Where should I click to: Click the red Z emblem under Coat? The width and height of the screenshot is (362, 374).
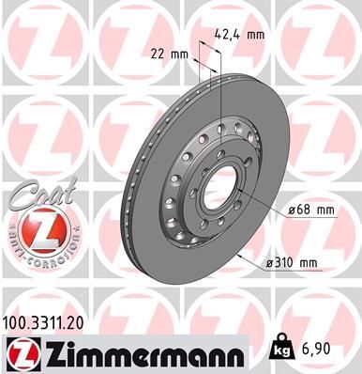coord(35,231)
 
